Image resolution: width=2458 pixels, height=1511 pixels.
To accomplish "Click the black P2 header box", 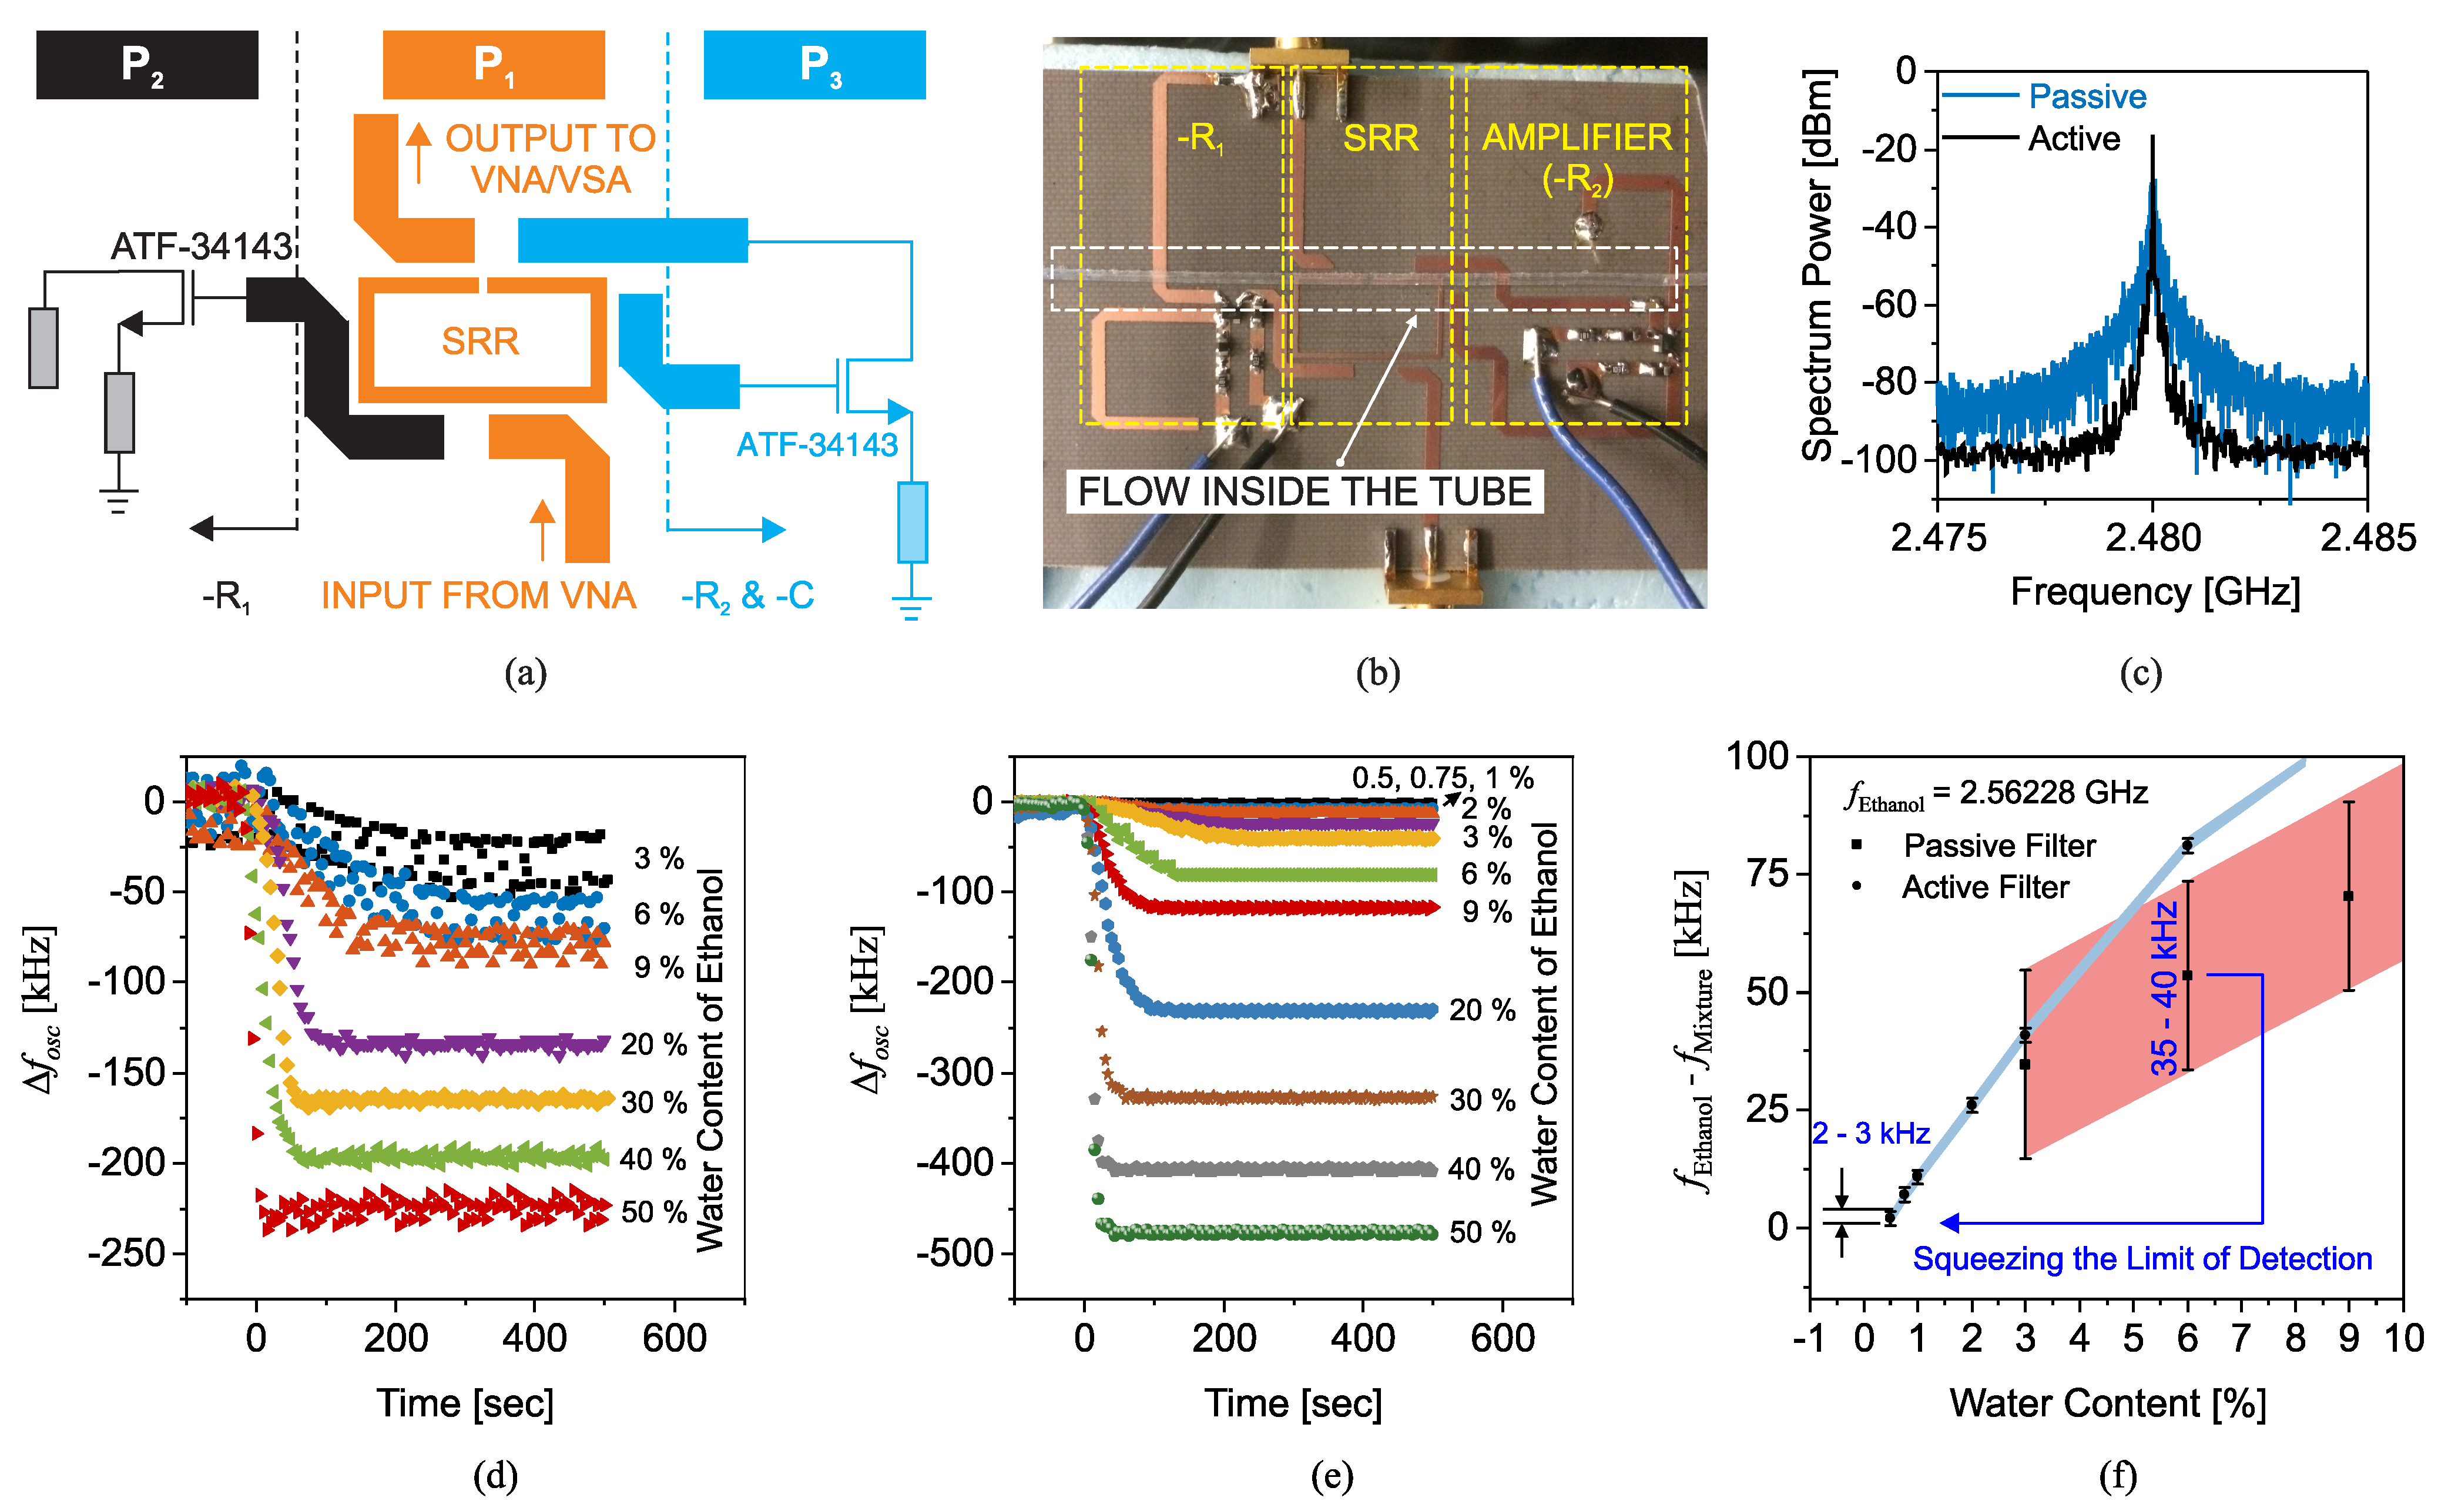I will click(147, 65).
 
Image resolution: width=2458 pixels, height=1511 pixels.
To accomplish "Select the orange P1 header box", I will click(494, 65).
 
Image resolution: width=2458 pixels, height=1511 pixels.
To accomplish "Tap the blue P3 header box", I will click(814, 65).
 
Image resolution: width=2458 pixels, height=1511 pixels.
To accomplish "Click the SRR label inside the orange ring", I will click(481, 342).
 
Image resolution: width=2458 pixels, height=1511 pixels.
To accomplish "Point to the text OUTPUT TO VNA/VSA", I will click(549, 159).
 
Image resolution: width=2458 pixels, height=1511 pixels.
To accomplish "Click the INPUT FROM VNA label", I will click(478, 595).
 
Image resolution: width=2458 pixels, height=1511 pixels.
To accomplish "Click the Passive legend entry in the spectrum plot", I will click(2086, 97).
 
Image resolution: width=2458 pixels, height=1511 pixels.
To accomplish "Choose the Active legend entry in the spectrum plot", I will click(2073, 139).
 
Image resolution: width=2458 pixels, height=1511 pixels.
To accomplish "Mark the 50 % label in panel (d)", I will click(655, 1212).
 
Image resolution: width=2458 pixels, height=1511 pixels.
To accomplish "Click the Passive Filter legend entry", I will click(1998, 846).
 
